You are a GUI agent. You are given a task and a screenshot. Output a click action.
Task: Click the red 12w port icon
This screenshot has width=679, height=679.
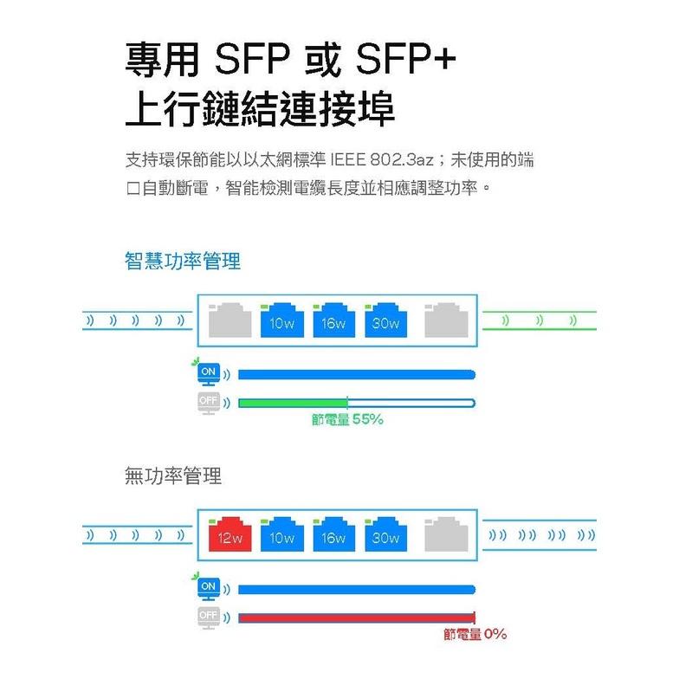point(230,536)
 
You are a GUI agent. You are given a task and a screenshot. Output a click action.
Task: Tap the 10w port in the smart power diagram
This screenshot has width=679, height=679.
point(281,321)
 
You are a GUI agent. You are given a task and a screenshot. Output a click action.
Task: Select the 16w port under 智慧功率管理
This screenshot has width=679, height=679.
point(333,321)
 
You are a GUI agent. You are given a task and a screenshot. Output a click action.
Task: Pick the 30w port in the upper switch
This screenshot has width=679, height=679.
point(385,321)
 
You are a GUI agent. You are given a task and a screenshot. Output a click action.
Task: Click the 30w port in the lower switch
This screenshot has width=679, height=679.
point(385,536)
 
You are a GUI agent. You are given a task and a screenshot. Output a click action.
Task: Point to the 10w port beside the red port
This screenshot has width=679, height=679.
point(281,536)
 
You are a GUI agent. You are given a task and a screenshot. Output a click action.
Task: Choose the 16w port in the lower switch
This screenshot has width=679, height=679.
point(333,536)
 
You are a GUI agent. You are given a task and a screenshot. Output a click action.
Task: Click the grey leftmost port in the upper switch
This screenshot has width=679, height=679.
point(230,320)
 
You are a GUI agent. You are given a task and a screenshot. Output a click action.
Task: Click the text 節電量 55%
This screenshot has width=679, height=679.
point(346,420)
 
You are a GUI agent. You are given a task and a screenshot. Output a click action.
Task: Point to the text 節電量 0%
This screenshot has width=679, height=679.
point(475,635)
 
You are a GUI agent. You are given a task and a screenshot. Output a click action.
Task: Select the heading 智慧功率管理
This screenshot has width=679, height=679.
point(183,262)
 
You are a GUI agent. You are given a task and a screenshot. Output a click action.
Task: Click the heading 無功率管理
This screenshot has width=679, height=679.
point(173,475)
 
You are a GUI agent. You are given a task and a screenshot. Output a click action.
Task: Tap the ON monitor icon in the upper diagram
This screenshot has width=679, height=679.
point(207,373)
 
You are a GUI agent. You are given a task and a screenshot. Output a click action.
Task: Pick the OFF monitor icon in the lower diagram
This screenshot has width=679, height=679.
point(207,617)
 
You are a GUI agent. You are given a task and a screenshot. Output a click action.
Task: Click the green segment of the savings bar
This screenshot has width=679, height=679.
point(292,403)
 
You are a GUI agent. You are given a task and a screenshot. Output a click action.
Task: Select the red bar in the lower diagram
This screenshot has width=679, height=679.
point(356,618)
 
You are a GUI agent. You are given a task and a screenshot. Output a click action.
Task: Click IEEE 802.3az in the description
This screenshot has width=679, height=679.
point(394,160)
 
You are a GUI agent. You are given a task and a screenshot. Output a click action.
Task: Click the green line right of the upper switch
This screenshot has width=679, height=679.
point(538,310)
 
